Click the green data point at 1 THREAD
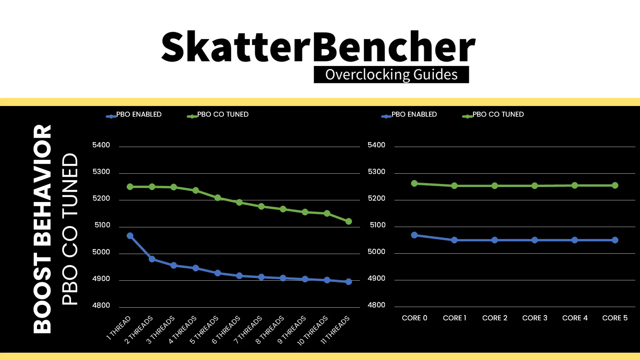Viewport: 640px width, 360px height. tap(130, 187)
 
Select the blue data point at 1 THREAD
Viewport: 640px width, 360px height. tap(130, 236)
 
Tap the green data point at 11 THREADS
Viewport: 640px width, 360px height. tap(349, 221)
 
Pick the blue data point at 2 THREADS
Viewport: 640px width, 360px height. tap(152, 259)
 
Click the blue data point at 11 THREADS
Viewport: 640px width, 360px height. tap(349, 282)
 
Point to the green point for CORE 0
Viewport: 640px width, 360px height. tap(414, 183)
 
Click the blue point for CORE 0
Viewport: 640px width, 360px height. tap(414, 235)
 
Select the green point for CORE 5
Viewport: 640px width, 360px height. tap(615, 185)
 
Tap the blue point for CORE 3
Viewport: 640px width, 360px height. tap(535, 240)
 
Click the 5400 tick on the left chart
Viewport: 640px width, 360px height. tap(101, 145)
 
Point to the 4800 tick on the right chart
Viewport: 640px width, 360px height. tap(376, 305)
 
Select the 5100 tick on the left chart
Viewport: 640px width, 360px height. tap(102, 225)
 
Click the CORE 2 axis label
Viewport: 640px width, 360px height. tap(495, 318)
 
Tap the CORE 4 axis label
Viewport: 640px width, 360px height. tap(575, 318)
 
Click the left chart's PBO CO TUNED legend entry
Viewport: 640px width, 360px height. tap(222, 114)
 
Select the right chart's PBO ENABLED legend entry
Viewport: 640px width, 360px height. tap(414, 114)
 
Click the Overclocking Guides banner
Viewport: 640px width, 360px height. tap(391, 75)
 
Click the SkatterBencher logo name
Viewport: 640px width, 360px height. tap(318, 47)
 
